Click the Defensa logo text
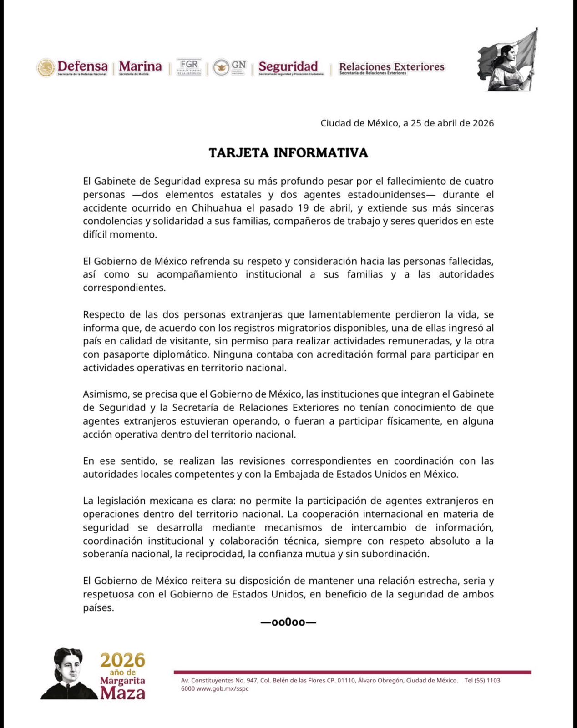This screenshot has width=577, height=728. coord(82,66)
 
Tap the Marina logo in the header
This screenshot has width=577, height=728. coord(140,66)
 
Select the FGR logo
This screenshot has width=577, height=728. coord(188,66)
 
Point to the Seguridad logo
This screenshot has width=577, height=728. coord(288,66)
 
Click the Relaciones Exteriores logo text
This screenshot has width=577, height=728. coord(391,67)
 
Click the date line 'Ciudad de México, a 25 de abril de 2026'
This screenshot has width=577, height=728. coord(407,123)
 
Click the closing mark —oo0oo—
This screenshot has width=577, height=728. coord(288,622)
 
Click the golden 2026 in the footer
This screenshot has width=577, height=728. coord(123,660)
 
